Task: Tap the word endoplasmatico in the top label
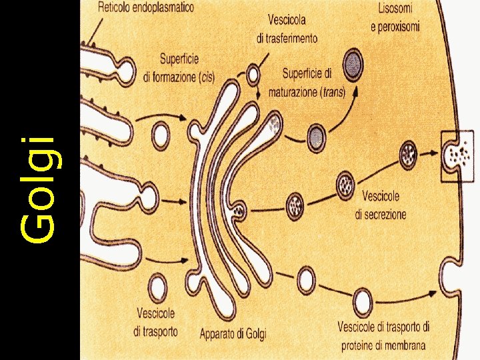tap(163, 8)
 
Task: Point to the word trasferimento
tap(287, 39)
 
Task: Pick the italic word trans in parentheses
tap(331, 92)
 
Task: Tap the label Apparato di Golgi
tap(232, 333)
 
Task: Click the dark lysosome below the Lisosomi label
tap(355, 64)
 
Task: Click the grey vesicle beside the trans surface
tap(316, 139)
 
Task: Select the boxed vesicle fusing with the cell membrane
tap(459, 156)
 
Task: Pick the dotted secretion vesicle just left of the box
tap(408, 155)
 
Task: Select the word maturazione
tap(292, 92)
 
